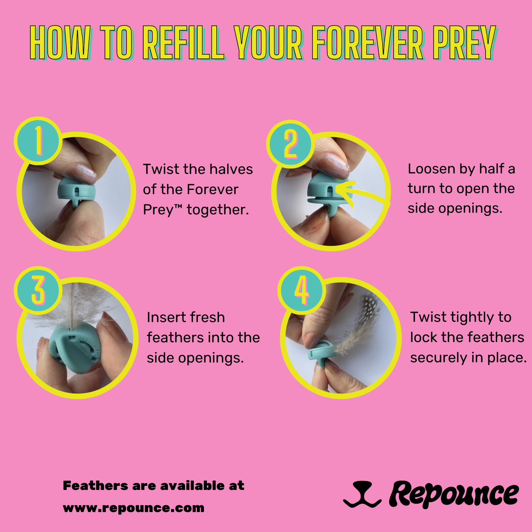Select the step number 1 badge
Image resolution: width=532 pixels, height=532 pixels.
tap(38, 141)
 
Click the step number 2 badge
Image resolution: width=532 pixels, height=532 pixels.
tap(290, 144)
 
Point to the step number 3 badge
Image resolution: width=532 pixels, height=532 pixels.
tap(38, 290)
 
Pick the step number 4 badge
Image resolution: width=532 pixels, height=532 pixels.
tap(302, 290)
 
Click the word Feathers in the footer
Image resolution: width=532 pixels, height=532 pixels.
tap(95, 486)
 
